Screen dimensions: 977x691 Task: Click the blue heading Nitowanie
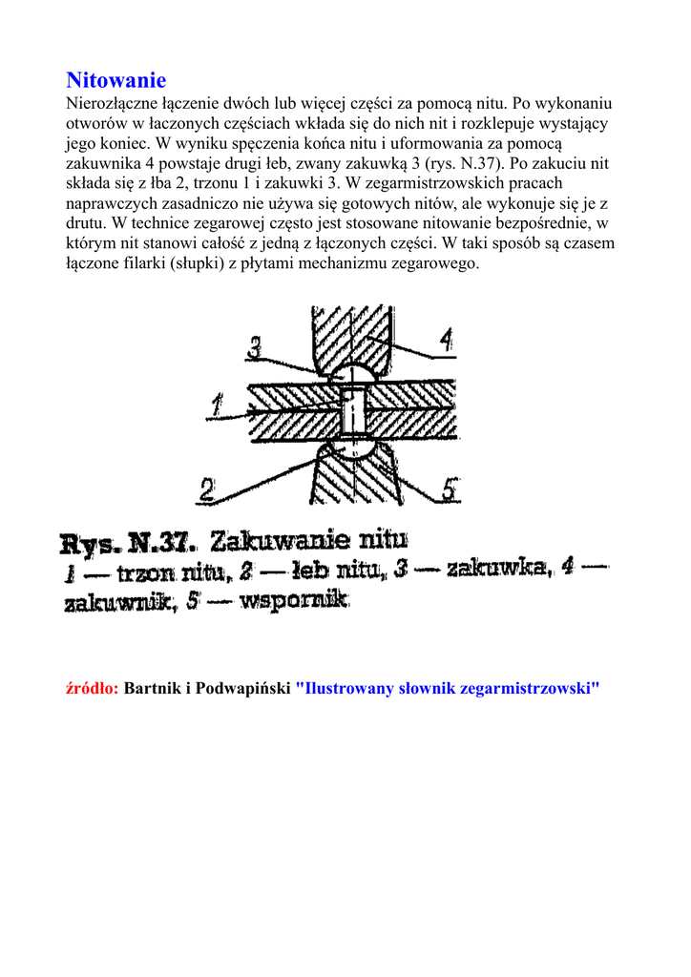coord(115,80)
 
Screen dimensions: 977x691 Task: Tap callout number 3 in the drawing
coord(255,347)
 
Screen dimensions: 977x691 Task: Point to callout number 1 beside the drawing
coord(219,408)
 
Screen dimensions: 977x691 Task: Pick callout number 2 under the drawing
coord(207,490)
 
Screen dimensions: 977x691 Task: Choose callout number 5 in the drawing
coord(450,490)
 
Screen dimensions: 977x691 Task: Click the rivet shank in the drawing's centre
coord(352,410)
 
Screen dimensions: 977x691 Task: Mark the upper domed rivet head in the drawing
coord(352,372)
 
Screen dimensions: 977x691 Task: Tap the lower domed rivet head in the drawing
coord(352,448)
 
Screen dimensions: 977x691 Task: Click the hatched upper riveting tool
coord(353,334)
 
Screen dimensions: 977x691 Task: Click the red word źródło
coord(92,689)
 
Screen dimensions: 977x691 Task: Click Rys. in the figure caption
coord(92,545)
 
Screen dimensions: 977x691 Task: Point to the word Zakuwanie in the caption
coord(272,544)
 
